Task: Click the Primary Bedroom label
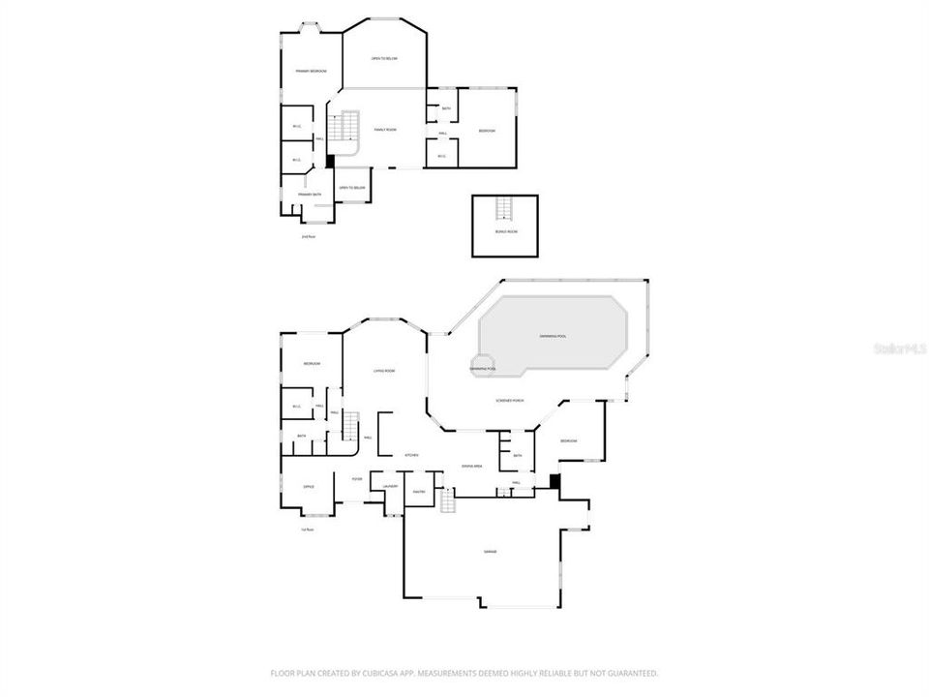(x=311, y=72)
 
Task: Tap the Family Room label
(x=385, y=129)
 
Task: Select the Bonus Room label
(x=504, y=232)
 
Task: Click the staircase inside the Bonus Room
(x=504, y=207)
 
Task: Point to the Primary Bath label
(x=310, y=195)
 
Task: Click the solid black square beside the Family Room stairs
(x=330, y=163)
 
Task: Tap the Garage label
(x=490, y=551)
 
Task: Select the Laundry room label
(x=390, y=486)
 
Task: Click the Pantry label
(x=420, y=492)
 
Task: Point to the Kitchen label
(x=410, y=454)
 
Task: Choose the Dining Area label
(x=471, y=467)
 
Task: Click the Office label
(x=309, y=487)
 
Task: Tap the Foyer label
(x=357, y=478)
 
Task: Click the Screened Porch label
(x=510, y=400)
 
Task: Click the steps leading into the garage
(x=446, y=501)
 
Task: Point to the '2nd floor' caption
(x=309, y=236)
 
